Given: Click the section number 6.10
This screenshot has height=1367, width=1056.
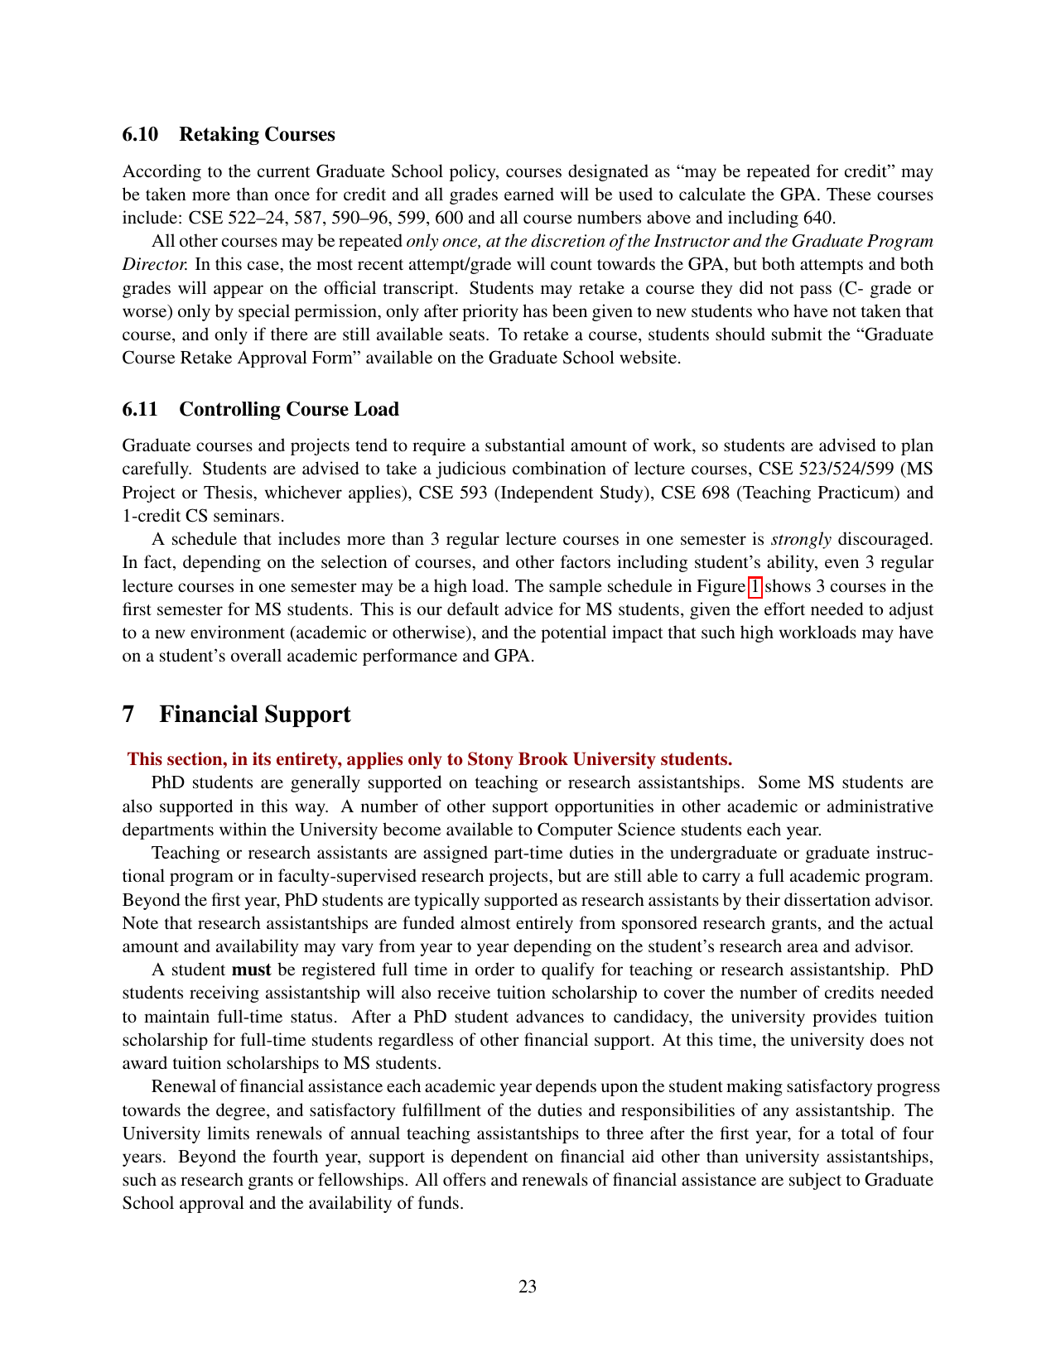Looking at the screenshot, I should click(x=140, y=134).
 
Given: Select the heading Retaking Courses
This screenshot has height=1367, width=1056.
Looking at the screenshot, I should click(x=257, y=134).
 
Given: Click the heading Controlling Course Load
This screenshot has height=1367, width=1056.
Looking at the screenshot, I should click(x=289, y=409).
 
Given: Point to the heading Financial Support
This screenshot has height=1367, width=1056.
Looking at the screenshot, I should click(x=254, y=714).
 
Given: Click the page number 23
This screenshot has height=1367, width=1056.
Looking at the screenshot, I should click(x=528, y=1286).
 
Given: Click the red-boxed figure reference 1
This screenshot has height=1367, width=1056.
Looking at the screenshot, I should click(x=754, y=586).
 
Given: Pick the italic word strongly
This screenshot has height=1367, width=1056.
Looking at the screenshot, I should click(x=801, y=539).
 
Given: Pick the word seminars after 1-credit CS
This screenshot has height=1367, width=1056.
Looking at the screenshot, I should click(x=249, y=516).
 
